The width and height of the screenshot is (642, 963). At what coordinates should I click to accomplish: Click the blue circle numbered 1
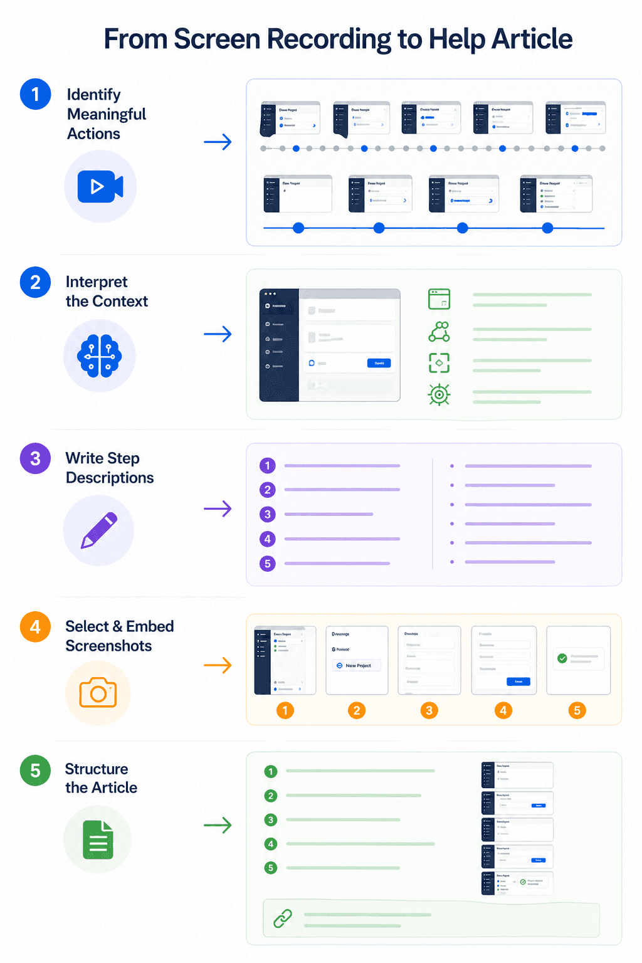(35, 94)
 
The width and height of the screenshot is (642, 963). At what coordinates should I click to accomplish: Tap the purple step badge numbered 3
(35, 458)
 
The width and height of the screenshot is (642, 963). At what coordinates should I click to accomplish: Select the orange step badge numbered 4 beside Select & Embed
(35, 627)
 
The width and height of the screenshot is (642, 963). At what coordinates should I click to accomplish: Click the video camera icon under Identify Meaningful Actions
(100, 186)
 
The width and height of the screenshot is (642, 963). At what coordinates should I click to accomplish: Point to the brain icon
(99, 356)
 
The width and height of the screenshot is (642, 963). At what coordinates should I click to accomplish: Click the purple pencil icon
(99, 530)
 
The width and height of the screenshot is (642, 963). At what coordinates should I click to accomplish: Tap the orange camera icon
(98, 692)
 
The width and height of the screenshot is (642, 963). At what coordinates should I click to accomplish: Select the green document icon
(98, 839)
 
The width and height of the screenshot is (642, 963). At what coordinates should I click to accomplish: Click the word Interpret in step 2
(97, 282)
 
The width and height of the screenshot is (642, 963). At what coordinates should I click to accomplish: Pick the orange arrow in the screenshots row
(218, 665)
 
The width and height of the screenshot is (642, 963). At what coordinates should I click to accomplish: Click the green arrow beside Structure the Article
(218, 825)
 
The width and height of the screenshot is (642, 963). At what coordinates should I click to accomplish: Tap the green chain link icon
(283, 918)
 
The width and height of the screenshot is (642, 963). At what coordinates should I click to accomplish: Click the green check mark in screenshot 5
(562, 658)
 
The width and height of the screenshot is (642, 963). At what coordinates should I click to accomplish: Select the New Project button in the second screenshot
(357, 666)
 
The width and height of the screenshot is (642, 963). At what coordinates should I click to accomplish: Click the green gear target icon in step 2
(439, 394)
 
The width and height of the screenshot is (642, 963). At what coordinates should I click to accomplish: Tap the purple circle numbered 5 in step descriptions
(268, 564)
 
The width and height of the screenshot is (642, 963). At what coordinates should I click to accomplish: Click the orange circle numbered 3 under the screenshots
(429, 710)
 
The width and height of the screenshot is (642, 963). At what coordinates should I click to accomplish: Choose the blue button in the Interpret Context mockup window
(379, 363)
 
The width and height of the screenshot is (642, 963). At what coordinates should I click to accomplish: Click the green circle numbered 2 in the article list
(271, 796)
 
